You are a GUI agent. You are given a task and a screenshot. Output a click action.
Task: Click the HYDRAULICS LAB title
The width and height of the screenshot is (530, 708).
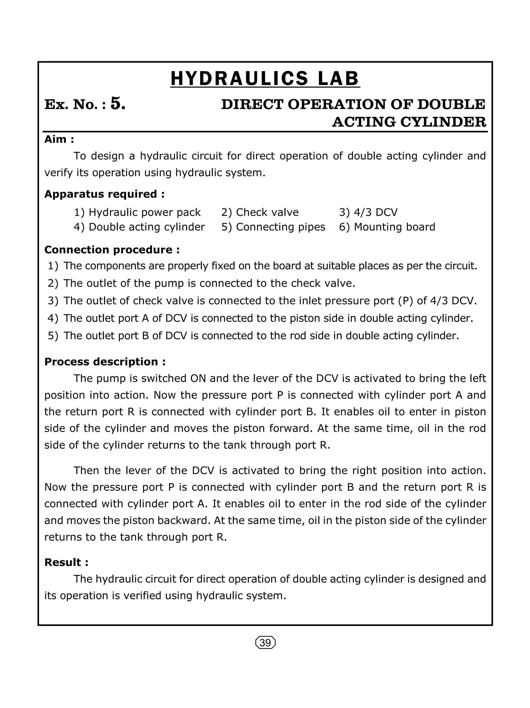(265, 79)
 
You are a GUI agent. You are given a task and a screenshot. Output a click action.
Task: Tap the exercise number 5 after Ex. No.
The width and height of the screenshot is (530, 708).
(118, 104)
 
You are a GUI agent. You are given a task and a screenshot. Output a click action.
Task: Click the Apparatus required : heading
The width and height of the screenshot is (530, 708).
(104, 194)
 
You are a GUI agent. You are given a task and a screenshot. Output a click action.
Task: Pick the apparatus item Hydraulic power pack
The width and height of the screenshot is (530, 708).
(144, 212)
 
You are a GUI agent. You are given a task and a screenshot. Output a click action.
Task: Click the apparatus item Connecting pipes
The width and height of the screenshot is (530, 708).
(280, 227)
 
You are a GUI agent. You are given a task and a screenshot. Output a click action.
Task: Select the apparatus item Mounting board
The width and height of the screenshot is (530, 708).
(394, 227)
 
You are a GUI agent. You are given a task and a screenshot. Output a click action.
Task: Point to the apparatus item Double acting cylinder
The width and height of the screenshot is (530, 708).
(146, 227)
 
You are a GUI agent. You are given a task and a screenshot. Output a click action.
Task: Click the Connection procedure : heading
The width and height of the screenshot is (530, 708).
(112, 250)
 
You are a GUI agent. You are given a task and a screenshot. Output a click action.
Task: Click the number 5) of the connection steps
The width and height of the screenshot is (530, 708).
(53, 336)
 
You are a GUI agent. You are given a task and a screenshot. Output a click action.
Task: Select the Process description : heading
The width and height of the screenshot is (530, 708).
(105, 362)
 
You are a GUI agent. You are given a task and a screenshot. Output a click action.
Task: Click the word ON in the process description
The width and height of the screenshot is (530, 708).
(198, 378)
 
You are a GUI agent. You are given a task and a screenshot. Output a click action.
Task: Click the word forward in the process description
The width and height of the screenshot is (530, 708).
(290, 428)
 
